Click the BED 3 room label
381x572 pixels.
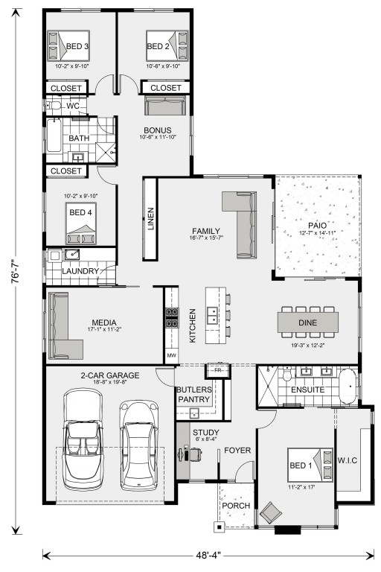tap(77, 46)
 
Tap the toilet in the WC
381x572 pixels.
tap(54, 106)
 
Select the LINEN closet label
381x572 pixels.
tap(150, 218)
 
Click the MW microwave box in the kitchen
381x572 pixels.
tap(171, 355)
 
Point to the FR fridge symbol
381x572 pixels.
tap(218, 371)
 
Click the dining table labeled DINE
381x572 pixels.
tap(308, 322)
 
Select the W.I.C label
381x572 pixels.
tap(347, 460)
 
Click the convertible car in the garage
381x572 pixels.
tap(83, 439)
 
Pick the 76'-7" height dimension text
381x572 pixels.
tap(16, 271)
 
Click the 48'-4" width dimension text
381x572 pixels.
tap(208, 556)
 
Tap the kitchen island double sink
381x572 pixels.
tap(212, 315)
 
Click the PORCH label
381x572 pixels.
tap(236, 506)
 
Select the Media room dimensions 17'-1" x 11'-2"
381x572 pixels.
tap(104, 329)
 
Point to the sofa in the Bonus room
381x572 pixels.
tap(165, 105)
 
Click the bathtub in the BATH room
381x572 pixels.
tap(54, 136)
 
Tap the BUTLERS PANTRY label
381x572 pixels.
tap(194, 394)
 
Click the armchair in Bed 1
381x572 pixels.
tap(271, 512)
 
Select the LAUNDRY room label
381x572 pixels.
tap(80, 271)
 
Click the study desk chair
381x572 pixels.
tap(195, 454)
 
